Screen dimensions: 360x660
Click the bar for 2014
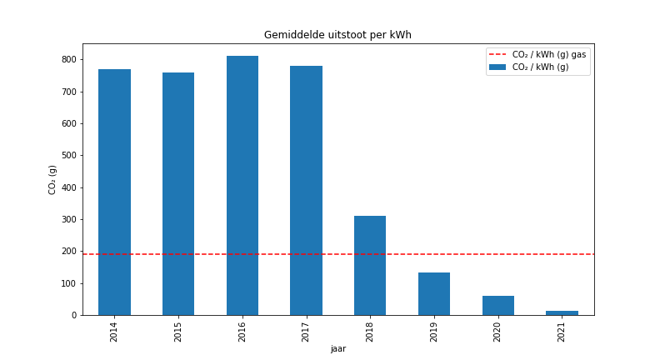coord(114,192)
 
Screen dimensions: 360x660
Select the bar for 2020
coord(497,306)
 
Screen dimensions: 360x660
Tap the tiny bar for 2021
coord(562,312)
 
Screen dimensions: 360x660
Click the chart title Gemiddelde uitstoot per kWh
coord(337,35)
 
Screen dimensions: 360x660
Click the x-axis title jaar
coord(337,348)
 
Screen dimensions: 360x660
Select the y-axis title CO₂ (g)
coord(52,179)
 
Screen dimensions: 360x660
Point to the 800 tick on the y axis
coord(67,60)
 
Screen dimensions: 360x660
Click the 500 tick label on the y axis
coord(67,156)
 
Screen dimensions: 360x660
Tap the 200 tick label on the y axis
coord(67,252)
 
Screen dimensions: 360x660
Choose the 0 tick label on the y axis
coord(73,316)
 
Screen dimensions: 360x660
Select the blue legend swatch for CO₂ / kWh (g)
coord(497,67)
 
